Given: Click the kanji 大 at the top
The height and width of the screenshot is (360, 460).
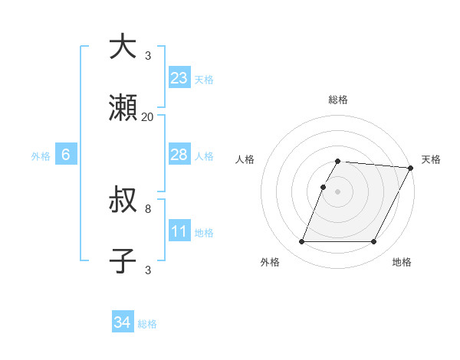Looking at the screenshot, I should [x=123, y=47].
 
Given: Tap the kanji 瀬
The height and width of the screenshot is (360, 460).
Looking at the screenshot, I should [x=123, y=109].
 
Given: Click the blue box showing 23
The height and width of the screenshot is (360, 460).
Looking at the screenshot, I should [x=179, y=78].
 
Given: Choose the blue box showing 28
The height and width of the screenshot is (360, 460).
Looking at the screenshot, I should [x=179, y=155].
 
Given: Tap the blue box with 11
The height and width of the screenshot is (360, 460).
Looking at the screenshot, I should [x=179, y=231].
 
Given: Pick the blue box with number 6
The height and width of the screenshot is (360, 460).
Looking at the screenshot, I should [x=66, y=155].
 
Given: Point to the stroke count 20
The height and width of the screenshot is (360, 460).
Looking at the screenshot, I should [x=148, y=117].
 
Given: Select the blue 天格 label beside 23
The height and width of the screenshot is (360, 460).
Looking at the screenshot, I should [x=204, y=80].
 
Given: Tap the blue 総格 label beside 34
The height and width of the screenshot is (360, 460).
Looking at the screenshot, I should [x=147, y=324].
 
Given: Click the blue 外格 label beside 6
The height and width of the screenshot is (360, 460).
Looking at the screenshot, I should [x=41, y=156].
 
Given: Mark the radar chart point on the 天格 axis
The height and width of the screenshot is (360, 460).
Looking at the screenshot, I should [x=410, y=169].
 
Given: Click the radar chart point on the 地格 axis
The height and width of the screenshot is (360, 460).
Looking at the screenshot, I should [x=374, y=242].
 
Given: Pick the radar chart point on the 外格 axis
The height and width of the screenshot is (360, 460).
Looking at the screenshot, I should [x=301, y=242].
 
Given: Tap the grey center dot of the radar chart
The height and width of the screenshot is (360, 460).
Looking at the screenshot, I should [x=337, y=191].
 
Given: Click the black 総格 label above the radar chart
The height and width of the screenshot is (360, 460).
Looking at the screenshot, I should [x=337, y=100].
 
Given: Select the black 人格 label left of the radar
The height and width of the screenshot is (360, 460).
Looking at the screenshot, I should [x=245, y=159].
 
